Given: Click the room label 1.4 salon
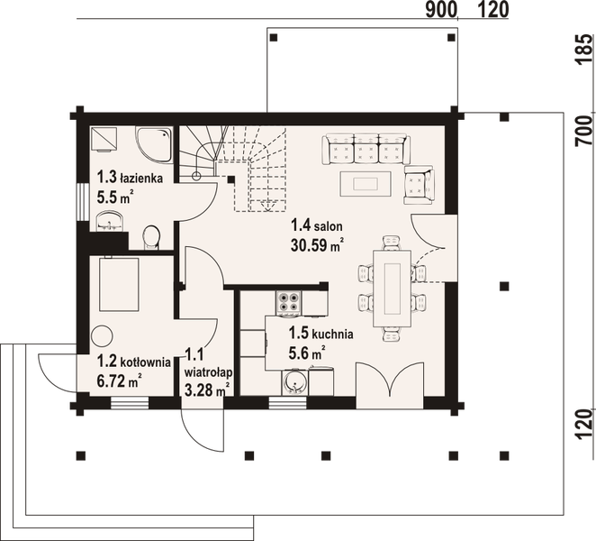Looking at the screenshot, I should point(316,226).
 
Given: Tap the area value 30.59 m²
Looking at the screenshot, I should point(318,243).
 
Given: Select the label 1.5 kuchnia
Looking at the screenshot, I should point(319,333).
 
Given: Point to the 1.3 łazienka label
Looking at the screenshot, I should point(130,179).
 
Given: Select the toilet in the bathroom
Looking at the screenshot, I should point(151,237).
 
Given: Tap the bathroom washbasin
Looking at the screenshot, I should point(110,221).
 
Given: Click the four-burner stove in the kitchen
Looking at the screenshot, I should point(289,302).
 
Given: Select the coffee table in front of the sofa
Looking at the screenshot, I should point(365,183).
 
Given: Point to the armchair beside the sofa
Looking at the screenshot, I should point(419,184).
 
